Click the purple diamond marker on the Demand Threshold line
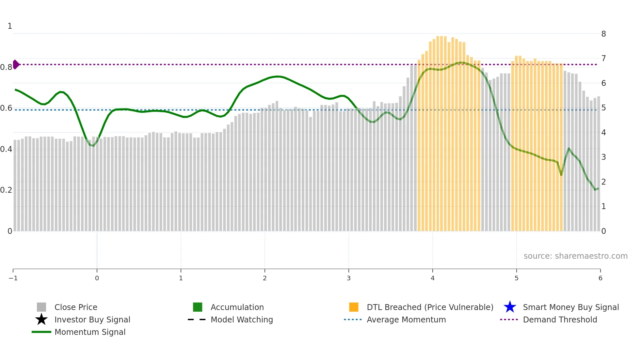(16, 64)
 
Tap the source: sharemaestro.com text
(575, 256)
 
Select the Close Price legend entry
(76, 307)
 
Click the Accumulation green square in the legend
(198, 307)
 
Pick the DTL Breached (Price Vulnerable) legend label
(430, 307)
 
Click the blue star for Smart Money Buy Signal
(510, 307)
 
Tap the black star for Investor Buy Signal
(41, 319)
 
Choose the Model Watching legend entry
(242, 319)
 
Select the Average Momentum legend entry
(406, 319)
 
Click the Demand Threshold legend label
(560, 319)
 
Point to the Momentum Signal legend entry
(90, 332)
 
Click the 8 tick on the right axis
(603, 34)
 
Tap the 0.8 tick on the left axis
(6, 67)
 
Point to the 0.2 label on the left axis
(6, 190)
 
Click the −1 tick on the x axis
(13, 278)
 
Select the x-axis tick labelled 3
(348, 278)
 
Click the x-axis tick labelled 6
(600, 278)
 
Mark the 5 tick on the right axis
(603, 108)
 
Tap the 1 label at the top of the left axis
(10, 26)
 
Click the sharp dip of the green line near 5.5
(561, 175)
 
